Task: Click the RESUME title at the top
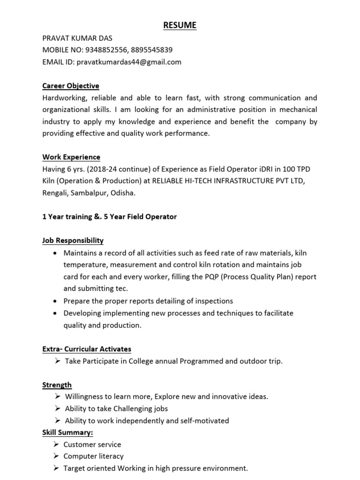click(x=180, y=25)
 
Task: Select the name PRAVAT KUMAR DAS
click(x=77, y=38)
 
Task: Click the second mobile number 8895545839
click(x=152, y=50)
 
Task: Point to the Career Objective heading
click(x=71, y=86)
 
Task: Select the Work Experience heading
click(x=71, y=157)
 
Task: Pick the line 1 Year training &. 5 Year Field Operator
click(x=110, y=217)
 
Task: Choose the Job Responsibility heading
click(x=73, y=240)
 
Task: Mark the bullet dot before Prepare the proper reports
click(x=56, y=301)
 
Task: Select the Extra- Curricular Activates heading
click(x=87, y=349)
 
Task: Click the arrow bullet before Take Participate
click(x=57, y=361)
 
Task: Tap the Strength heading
click(x=57, y=385)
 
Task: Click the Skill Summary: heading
click(x=67, y=433)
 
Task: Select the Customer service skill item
click(x=92, y=444)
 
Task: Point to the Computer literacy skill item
click(x=94, y=456)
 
